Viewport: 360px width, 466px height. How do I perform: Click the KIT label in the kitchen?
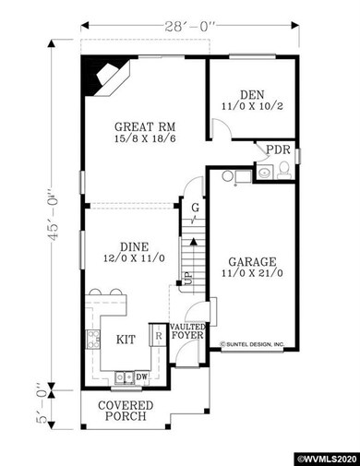click(x=126, y=340)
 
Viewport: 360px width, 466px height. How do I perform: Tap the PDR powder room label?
click(x=276, y=149)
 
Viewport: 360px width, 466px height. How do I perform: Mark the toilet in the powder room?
click(x=284, y=168)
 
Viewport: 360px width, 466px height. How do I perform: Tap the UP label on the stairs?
click(x=187, y=277)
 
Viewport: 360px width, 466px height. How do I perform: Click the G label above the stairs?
click(x=194, y=209)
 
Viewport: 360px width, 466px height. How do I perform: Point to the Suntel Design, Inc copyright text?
click(x=253, y=347)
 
